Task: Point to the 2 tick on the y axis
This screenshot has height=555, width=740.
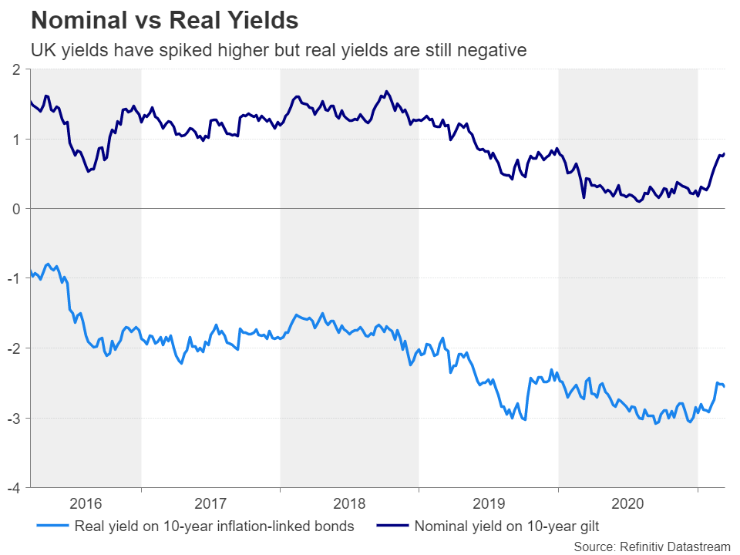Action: click(x=16, y=70)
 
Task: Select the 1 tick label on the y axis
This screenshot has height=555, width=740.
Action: click(x=16, y=140)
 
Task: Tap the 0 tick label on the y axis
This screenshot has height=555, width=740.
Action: click(x=16, y=209)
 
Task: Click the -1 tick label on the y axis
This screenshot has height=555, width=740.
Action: click(x=14, y=279)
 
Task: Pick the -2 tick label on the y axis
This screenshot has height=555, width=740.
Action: click(x=14, y=348)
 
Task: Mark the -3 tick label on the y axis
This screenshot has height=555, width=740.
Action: click(x=14, y=418)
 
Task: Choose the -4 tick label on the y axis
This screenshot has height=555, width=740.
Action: click(x=14, y=488)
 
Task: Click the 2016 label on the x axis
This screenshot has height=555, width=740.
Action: click(x=86, y=504)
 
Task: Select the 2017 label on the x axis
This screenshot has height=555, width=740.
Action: click(x=210, y=504)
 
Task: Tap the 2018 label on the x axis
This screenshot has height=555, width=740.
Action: click(x=350, y=504)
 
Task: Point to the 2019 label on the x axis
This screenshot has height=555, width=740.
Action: click(x=489, y=504)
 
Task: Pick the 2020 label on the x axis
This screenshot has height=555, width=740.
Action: click(x=628, y=504)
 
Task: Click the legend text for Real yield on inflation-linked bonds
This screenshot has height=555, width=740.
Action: click(x=214, y=527)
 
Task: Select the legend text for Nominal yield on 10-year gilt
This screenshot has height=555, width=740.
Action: click(x=507, y=527)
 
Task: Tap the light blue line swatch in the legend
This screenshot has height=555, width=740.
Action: click(x=53, y=527)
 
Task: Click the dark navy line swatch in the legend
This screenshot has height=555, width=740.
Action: click(x=393, y=527)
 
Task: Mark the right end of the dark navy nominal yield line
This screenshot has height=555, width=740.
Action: click(x=725, y=153)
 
